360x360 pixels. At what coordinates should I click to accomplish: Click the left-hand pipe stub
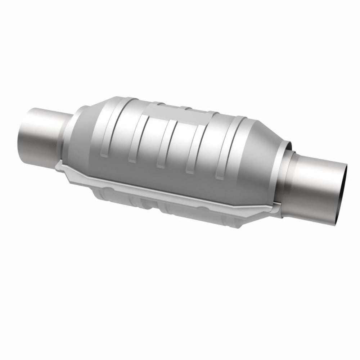[40, 135]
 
